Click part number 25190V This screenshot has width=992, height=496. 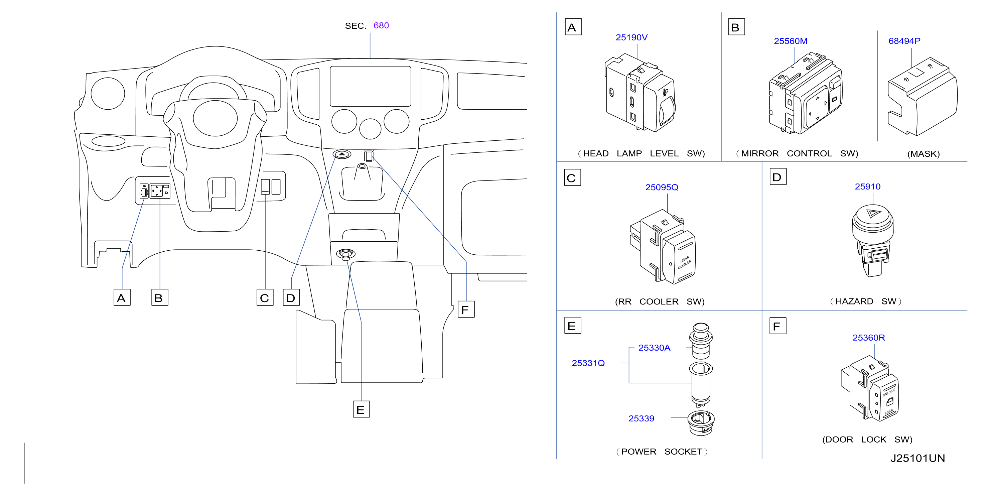pyautogui.click(x=631, y=37)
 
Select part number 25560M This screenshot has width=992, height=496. pyautogui.click(x=791, y=41)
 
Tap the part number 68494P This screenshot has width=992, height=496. pyautogui.click(x=904, y=41)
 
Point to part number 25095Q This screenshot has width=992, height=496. pyautogui.click(x=662, y=187)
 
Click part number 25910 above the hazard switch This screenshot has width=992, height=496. pyautogui.click(x=868, y=187)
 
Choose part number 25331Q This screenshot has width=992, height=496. pyautogui.click(x=588, y=363)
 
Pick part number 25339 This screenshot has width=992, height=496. pyautogui.click(x=641, y=418)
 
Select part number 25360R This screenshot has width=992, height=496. pyautogui.click(x=869, y=338)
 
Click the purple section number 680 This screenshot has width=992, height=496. pyautogui.click(x=381, y=25)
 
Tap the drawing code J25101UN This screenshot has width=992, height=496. pyautogui.click(x=918, y=458)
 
